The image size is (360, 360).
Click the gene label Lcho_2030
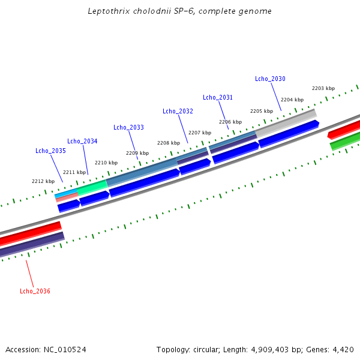click(x=270, y=79)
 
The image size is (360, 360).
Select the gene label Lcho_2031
click(x=218, y=97)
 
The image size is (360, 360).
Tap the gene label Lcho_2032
click(x=178, y=111)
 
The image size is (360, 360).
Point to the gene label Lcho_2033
click(x=128, y=127)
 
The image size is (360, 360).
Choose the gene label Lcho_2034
click(x=82, y=141)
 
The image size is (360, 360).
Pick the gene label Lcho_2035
click(x=50, y=151)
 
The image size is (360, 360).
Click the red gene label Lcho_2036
click(x=35, y=291)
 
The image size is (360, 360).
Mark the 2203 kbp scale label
click(x=323, y=88)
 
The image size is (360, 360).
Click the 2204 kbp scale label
click(x=292, y=100)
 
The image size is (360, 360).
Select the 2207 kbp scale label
click(x=200, y=133)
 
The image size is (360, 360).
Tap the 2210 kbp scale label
click(x=106, y=163)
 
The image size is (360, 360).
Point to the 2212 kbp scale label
click(x=43, y=181)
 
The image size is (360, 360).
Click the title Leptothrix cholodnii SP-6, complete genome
click(x=179, y=11)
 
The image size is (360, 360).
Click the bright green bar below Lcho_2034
click(x=92, y=187)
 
